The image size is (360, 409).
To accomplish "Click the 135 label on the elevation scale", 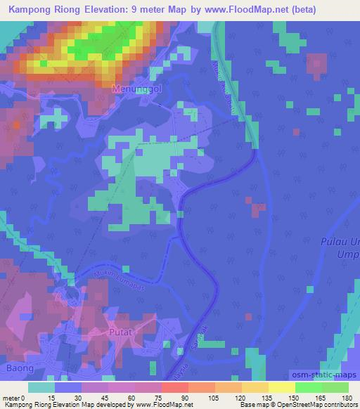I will click(258, 398).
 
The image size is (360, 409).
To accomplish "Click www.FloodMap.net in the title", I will click(245, 10).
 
